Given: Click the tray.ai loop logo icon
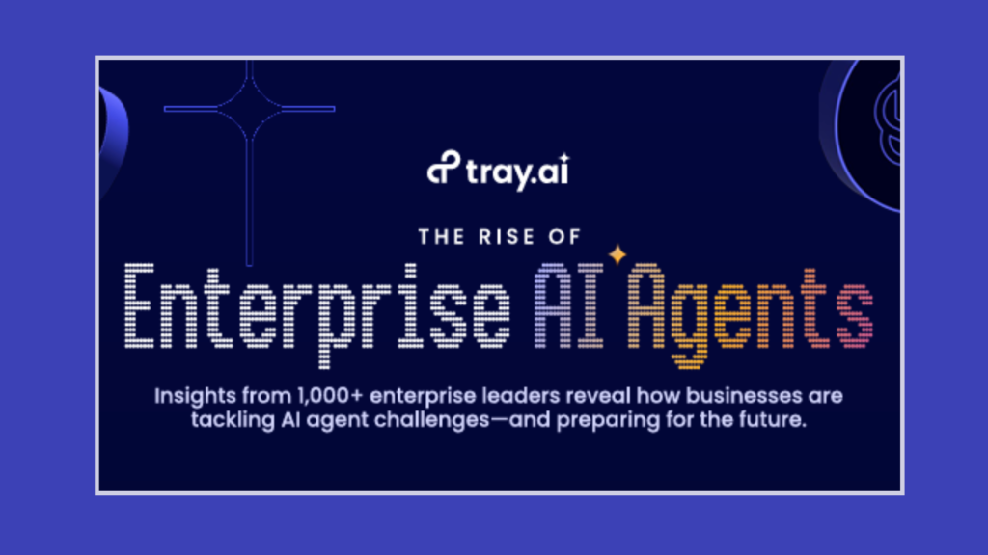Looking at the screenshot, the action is pyautogui.click(x=444, y=168).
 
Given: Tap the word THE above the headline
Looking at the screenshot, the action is pyautogui.click(x=442, y=237).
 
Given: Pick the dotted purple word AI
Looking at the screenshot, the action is pyautogui.click(x=568, y=305).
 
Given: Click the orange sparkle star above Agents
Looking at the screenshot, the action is pyautogui.click(x=617, y=254).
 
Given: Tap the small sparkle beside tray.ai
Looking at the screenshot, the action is pyautogui.click(x=563, y=157).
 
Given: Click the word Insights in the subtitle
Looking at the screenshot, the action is pyautogui.click(x=195, y=396).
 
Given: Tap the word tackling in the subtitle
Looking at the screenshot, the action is pyautogui.click(x=233, y=420).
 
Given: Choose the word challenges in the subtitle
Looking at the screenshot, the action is pyautogui.click(x=431, y=420).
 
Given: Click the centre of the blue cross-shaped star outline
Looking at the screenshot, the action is pyautogui.click(x=250, y=109).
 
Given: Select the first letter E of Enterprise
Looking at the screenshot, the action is pyautogui.click(x=139, y=305).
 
